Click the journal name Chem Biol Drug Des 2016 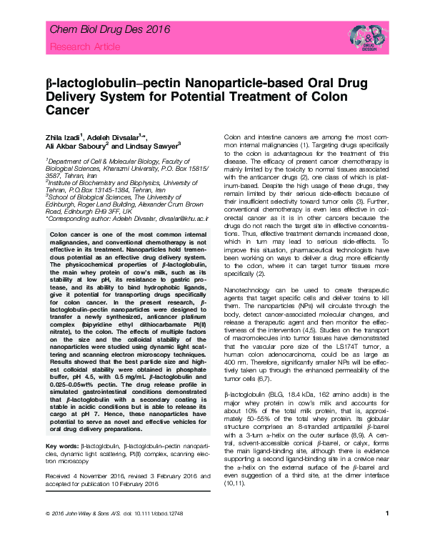pos(99,30)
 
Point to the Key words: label pos(62,445)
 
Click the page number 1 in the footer pos(386,533)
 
